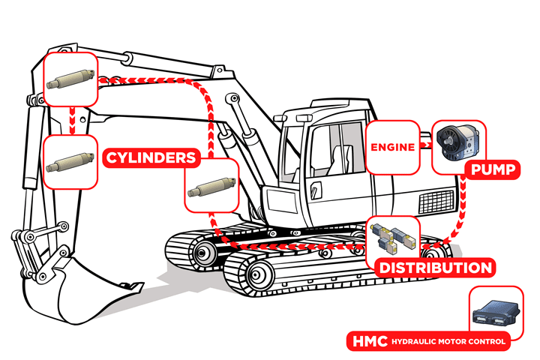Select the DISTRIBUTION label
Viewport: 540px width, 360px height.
click(x=434, y=268)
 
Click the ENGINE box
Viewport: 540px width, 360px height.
click(x=392, y=147)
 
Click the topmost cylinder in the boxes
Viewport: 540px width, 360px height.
click(x=70, y=79)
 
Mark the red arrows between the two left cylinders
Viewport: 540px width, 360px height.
click(x=71, y=120)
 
